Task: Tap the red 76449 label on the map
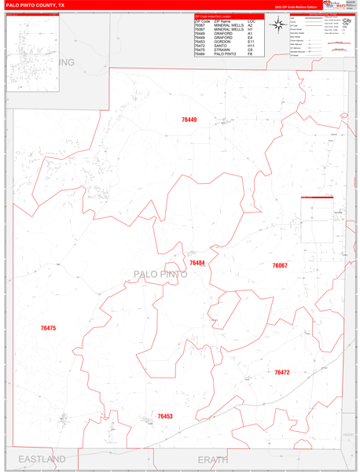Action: tap(189, 120)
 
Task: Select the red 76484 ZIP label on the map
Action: tap(197, 263)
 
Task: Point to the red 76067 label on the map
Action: tap(280, 266)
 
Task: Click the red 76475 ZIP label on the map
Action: tap(48, 328)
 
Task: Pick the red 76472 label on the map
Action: tap(282, 372)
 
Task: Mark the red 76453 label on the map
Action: tap(165, 416)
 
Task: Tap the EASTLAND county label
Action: tap(37, 459)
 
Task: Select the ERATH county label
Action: tap(212, 459)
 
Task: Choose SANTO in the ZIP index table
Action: tap(221, 46)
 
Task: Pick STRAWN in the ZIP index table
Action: tap(222, 50)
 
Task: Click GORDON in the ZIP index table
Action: tap(223, 42)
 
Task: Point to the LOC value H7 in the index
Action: tap(250, 29)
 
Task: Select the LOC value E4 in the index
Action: tap(250, 38)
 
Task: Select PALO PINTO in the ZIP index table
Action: tap(226, 53)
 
